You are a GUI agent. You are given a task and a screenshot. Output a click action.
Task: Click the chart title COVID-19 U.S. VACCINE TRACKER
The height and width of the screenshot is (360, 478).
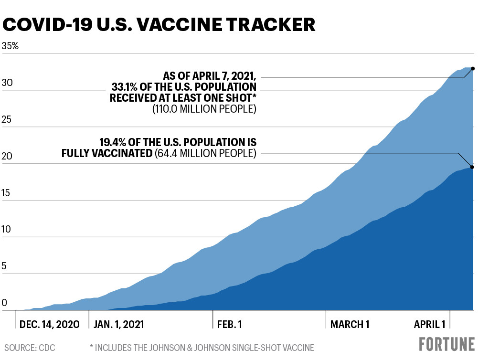tap(159, 24)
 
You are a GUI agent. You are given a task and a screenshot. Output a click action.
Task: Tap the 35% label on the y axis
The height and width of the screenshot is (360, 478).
tap(11, 47)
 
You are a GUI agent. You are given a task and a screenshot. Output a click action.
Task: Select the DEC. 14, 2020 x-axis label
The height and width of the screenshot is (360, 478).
tap(50, 324)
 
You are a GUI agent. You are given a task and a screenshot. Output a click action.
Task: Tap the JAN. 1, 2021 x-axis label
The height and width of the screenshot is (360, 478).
tap(119, 324)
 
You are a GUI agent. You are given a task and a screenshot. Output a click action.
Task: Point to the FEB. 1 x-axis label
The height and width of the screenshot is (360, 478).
tap(230, 324)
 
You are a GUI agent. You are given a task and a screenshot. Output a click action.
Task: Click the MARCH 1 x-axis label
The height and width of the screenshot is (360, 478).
tap(350, 324)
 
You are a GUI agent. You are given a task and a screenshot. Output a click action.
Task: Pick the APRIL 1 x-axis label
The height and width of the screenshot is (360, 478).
tap(430, 324)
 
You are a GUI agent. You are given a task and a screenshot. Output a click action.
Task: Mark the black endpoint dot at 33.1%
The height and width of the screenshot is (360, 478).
tap(473, 69)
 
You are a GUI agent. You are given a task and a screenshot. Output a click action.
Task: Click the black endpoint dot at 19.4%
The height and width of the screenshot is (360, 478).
tap(472, 167)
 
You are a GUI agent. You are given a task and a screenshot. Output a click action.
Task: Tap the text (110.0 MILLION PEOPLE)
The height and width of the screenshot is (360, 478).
tap(204, 109)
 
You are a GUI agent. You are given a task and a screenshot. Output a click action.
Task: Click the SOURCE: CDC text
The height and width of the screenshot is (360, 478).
tap(30, 348)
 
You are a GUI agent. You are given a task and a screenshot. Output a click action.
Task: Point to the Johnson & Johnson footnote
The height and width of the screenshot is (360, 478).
tap(202, 348)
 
